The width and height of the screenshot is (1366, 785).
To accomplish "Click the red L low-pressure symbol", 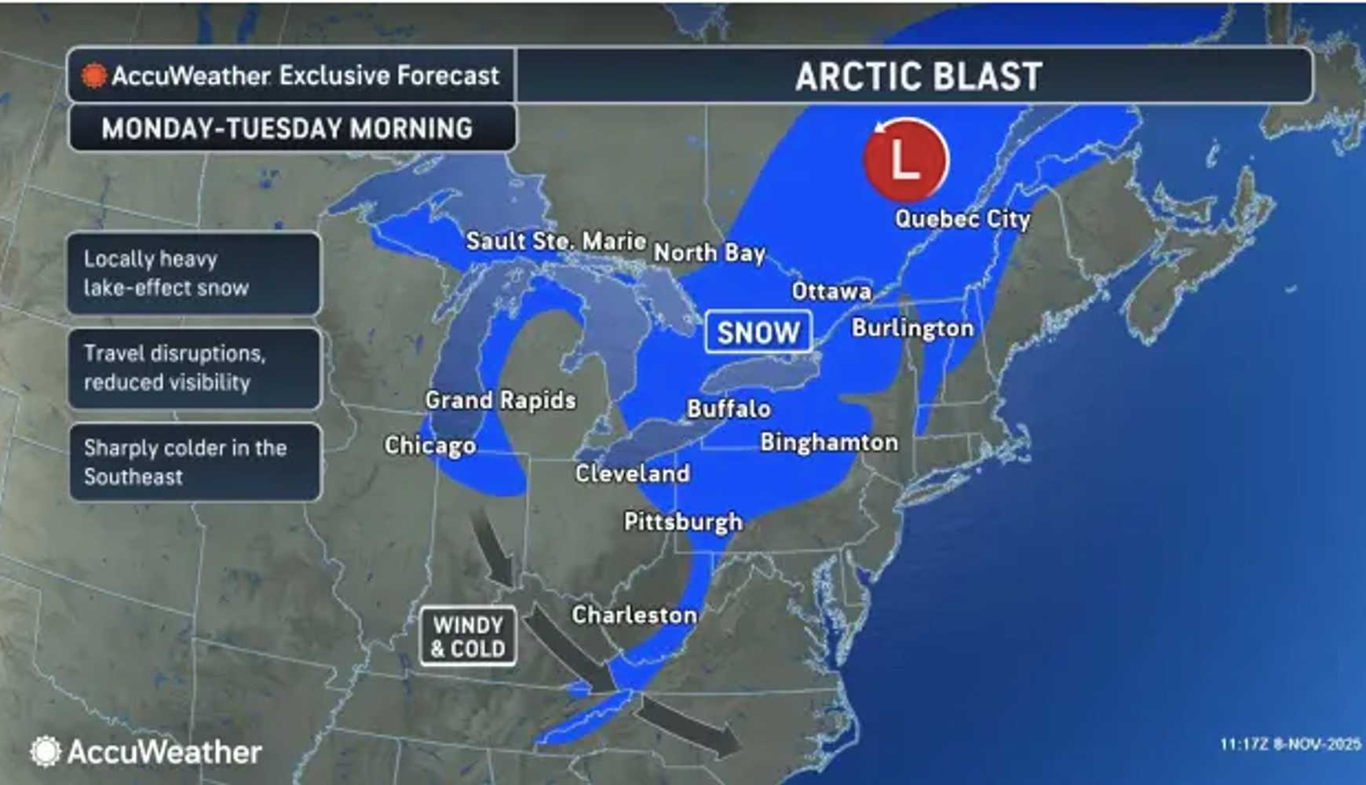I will tap(906, 160).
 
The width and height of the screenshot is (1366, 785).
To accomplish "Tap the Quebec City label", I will tap(962, 219).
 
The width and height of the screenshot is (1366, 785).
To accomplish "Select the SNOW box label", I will tap(758, 332).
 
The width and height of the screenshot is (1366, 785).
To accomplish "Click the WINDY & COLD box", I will tap(468, 637).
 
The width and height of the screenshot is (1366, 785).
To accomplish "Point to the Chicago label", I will tap(430, 445).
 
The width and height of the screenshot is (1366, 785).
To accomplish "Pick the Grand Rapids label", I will tap(501, 400).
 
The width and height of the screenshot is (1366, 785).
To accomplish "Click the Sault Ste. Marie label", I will tap(556, 241).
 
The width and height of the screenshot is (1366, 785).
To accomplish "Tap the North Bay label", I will tap(710, 253).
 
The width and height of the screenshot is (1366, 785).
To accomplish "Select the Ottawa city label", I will tap(831, 291).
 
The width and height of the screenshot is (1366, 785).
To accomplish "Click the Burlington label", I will tap(912, 327).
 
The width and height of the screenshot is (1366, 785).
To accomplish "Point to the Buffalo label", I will tap(729, 408).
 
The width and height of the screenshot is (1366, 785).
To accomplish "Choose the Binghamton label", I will tap(829, 442).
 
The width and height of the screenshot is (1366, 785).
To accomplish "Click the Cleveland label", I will tap(632, 473).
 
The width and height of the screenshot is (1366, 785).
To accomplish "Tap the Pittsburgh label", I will tap(683, 522).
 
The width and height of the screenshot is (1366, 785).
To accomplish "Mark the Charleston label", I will tap(634, 615).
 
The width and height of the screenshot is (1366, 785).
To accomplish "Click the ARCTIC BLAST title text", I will tap(919, 76).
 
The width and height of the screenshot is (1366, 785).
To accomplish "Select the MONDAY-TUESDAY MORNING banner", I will tap(287, 128).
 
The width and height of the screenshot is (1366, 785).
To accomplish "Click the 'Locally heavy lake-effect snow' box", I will tap(194, 273).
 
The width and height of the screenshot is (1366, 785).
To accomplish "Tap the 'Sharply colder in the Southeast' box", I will tap(194, 462).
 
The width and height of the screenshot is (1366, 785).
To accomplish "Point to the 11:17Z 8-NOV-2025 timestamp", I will tap(1289, 743).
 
